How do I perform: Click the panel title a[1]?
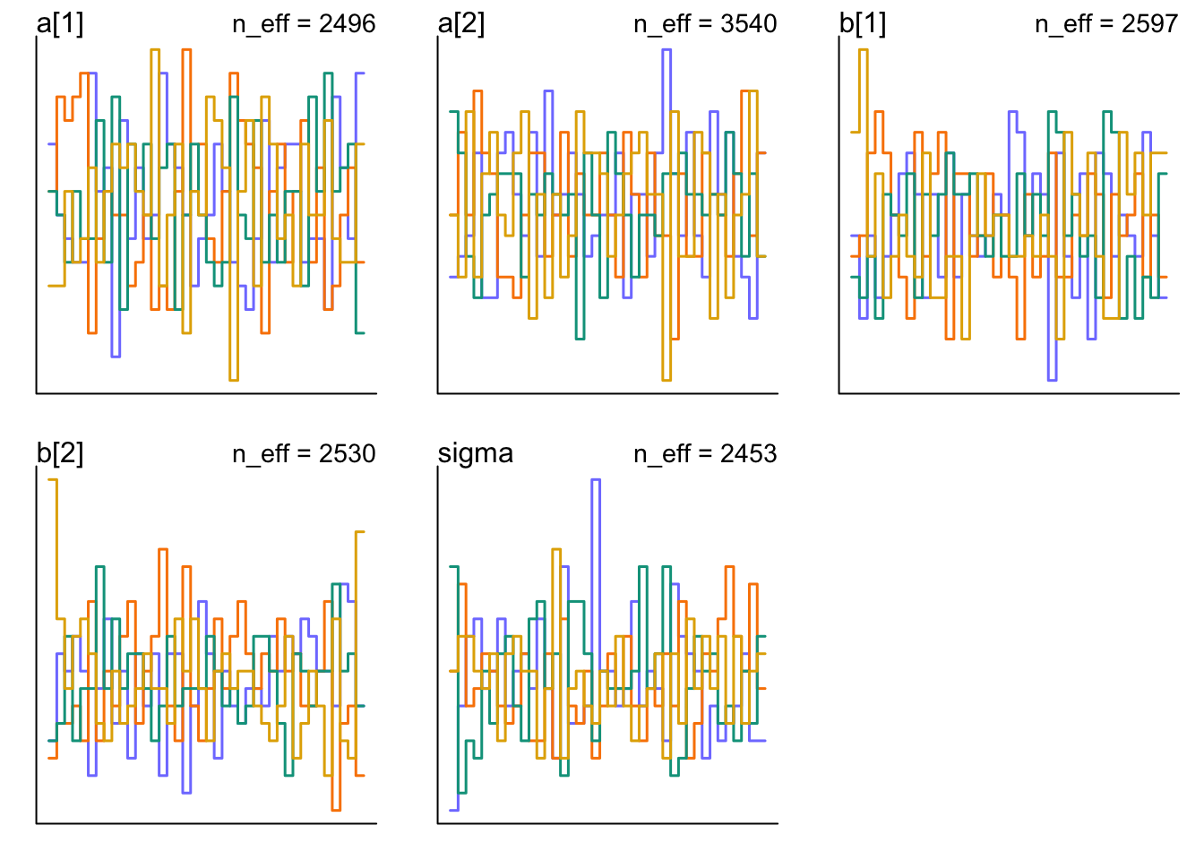pos(60,23)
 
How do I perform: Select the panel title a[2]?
pos(461,23)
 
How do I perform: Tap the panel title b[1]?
pos(863,23)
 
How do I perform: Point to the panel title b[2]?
pos(60,453)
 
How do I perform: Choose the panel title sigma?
pos(476,453)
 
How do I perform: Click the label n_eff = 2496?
pos(304,23)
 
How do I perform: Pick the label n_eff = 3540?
pos(705,23)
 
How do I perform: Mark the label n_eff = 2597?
pos(1106,23)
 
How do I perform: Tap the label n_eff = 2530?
pos(304,453)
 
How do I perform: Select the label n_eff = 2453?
pos(705,453)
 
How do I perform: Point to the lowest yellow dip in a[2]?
pos(666,380)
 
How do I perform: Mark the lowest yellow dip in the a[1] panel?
pos(234,380)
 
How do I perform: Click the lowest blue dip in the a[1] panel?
pos(116,356)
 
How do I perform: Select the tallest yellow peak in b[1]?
pos(864,50)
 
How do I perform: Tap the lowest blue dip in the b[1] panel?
pos(1052,380)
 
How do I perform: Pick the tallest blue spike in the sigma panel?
pos(596,480)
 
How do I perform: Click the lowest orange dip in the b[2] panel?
pos(336,809)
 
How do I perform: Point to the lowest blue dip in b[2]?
pos(186,792)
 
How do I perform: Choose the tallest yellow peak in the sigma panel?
pos(557,550)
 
